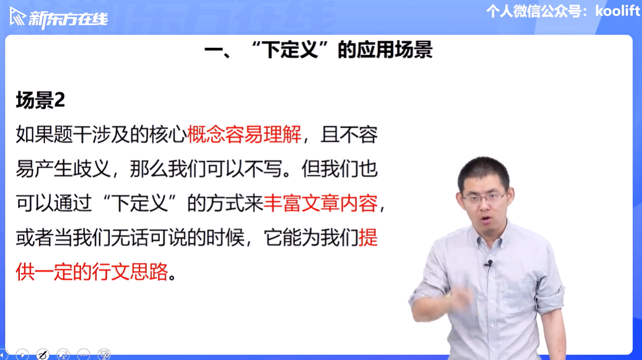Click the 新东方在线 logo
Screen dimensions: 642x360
click(58, 18)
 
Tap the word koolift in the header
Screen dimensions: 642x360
click(617, 11)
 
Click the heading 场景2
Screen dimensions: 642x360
click(40, 100)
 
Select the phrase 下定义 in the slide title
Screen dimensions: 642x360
click(290, 50)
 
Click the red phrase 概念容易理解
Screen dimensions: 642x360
click(244, 135)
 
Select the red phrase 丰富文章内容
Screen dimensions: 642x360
click(320, 203)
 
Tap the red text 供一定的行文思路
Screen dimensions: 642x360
click(92, 271)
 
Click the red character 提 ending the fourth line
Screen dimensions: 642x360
click(368, 238)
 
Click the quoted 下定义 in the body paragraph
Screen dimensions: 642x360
click(140, 203)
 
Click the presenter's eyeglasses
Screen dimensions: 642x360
click(484, 199)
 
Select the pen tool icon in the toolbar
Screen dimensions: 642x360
click(42, 354)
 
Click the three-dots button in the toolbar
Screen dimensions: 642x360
click(84, 354)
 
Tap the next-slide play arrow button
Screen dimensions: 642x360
click(22, 354)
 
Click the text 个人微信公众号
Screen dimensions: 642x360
click(534, 11)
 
